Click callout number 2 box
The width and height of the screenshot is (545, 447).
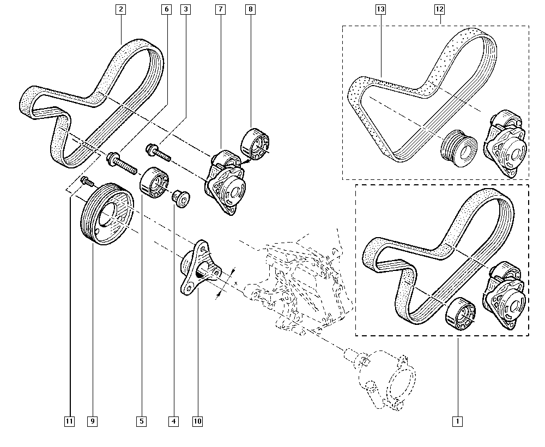pos(120,9)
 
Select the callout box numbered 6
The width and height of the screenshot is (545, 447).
pos(166,9)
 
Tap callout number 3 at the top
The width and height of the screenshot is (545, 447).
pos(186,9)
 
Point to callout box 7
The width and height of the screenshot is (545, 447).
pos(220,9)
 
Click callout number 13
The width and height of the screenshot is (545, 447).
pos(380,9)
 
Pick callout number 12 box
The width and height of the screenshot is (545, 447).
pos(439,9)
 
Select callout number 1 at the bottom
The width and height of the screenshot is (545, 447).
pos(457,421)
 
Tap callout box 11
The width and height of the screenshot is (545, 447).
pos(69,421)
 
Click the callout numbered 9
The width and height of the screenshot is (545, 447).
pos(93,421)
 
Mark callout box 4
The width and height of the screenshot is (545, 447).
pos(173,421)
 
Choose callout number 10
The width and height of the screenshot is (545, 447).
pos(197,421)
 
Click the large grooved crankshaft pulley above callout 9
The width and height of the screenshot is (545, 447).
pos(106,214)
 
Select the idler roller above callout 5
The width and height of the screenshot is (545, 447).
pos(154,183)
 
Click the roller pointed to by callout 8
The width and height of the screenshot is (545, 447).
pos(255,143)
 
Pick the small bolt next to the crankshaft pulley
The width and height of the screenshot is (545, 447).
pos(86,181)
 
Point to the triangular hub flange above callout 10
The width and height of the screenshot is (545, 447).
pos(198,267)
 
